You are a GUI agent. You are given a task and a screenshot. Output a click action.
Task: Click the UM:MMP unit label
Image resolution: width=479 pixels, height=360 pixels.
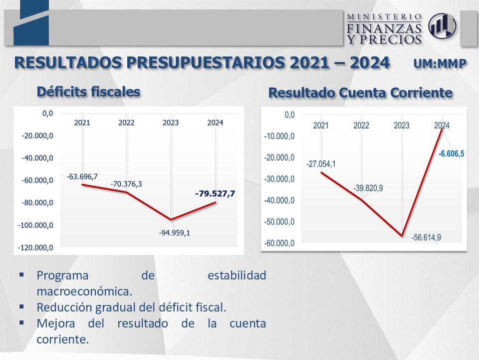440,64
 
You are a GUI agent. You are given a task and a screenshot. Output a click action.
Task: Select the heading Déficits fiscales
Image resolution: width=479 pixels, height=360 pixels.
88,91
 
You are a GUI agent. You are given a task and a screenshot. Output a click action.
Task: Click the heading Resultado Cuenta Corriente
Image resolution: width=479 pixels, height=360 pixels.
360,93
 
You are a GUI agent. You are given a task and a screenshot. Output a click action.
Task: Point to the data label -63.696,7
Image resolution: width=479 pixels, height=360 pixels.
82,176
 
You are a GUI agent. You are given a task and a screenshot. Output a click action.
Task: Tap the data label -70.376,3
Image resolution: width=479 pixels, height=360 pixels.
126,184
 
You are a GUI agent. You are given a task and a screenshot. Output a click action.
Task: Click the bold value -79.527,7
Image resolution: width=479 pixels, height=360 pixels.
215,193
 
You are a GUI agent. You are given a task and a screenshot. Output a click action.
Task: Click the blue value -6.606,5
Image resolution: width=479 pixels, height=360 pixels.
451,153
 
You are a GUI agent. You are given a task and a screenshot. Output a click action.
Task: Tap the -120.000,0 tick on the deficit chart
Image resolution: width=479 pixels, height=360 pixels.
35,247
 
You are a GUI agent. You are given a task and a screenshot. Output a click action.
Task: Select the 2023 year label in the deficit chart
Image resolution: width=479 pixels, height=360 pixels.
171,122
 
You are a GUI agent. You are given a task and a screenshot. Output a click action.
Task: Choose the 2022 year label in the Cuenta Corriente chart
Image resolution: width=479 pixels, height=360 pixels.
361,125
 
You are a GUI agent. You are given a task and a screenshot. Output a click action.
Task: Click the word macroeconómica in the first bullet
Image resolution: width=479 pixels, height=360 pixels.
84,290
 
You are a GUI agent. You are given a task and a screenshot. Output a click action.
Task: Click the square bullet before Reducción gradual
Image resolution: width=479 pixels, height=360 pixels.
21,306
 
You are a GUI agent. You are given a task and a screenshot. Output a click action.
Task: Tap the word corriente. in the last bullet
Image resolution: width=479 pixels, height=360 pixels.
63,338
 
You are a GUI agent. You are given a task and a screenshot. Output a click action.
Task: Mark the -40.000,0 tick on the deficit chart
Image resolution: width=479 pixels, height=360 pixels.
37,158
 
